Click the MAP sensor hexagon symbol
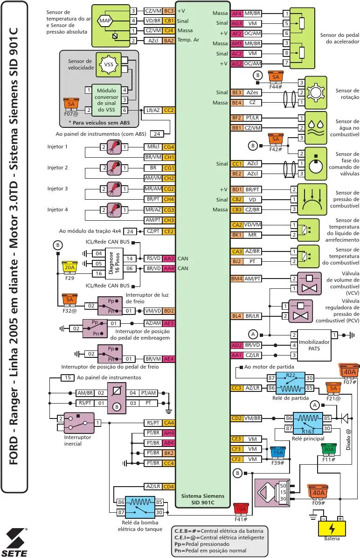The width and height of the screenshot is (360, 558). pos(104,21)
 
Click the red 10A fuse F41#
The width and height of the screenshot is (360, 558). pos(241,509)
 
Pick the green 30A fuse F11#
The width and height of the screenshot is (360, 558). pos(329,449)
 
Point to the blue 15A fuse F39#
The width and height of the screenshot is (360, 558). pos(278,453)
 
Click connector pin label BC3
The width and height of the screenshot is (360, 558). pos(169,10)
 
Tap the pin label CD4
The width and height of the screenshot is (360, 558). pos(169,487)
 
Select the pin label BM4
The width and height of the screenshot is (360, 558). pos(237,279)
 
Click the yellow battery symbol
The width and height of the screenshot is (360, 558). pos(332,528)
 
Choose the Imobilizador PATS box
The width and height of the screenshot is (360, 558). pos(314,345)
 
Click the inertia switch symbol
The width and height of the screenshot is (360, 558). pos(79,423)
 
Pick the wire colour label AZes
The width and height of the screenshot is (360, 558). pos(252,92)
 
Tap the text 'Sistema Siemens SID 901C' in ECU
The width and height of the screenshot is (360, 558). pos(203,499)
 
